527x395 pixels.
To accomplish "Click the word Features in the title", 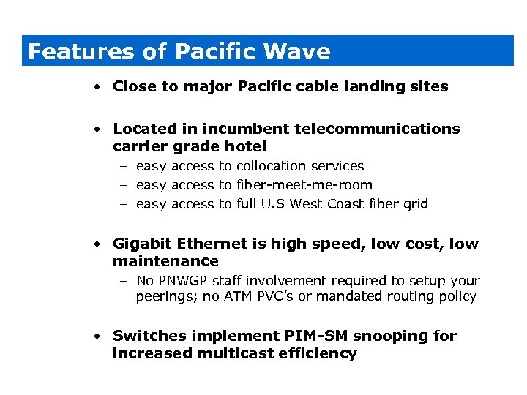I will click(x=81, y=52).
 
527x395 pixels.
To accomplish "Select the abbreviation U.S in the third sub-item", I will click(x=274, y=204).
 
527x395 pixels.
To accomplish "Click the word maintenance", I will click(x=165, y=261).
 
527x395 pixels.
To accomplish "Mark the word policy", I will click(x=457, y=296).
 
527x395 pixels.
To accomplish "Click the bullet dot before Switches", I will click(x=97, y=336).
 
